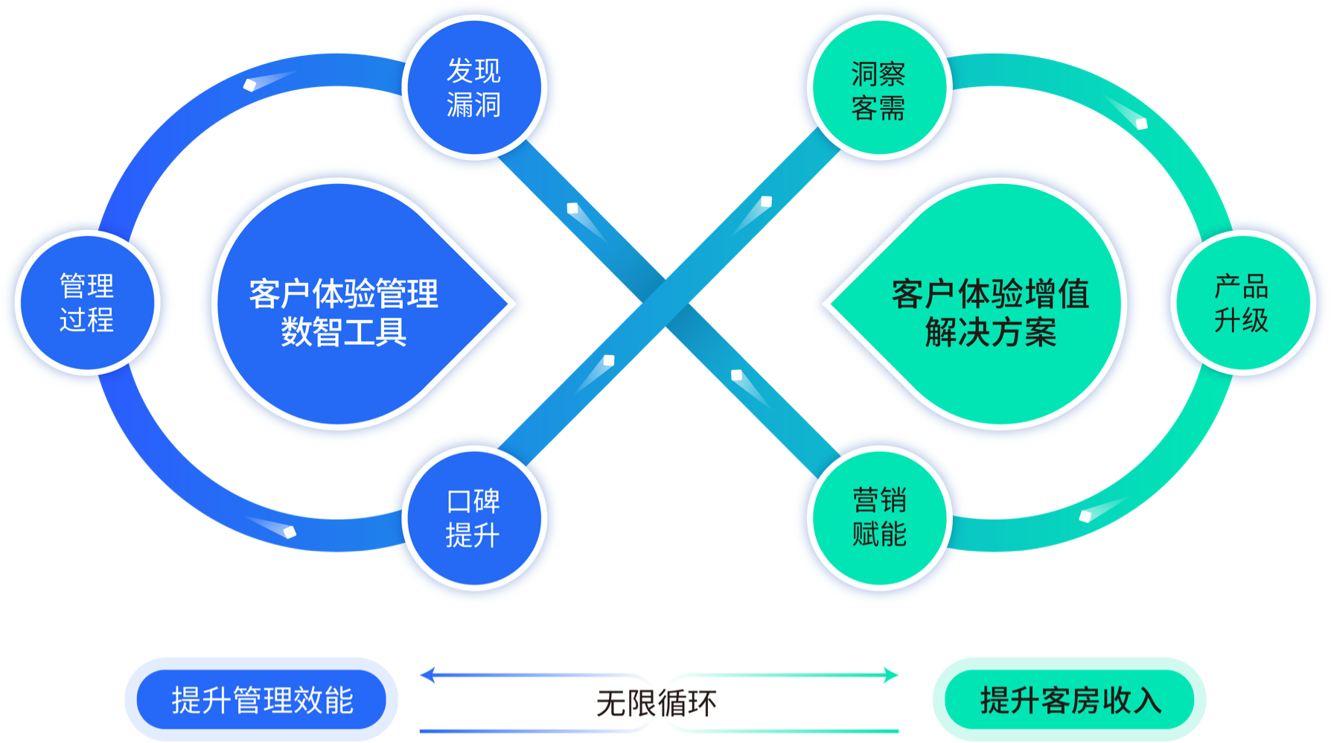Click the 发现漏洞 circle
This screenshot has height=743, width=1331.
[x=474, y=88]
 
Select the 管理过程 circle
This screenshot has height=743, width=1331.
[x=87, y=302]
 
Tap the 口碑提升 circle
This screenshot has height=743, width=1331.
[x=474, y=518]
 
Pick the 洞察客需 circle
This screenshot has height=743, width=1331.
[x=878, y=90]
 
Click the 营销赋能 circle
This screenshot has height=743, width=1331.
[x=879, y=517]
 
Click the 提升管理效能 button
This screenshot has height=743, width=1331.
[x=261, y=700]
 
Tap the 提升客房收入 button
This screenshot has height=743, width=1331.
[x=1070, y=700]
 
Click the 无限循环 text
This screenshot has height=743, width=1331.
[x=657, y=703]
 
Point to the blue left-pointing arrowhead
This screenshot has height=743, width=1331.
[x=427, y=675]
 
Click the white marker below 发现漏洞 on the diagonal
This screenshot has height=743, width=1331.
[x=572, y=208]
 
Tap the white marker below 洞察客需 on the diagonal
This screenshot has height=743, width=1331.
[x=766, y=202]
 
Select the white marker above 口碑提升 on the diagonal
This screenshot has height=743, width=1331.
[x=608, y=361]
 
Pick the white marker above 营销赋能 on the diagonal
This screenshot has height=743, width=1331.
[x=736, y=374]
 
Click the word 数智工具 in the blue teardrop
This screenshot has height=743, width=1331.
[x=343, y=332]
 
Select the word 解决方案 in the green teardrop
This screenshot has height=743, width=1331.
[x=990, y=332]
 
